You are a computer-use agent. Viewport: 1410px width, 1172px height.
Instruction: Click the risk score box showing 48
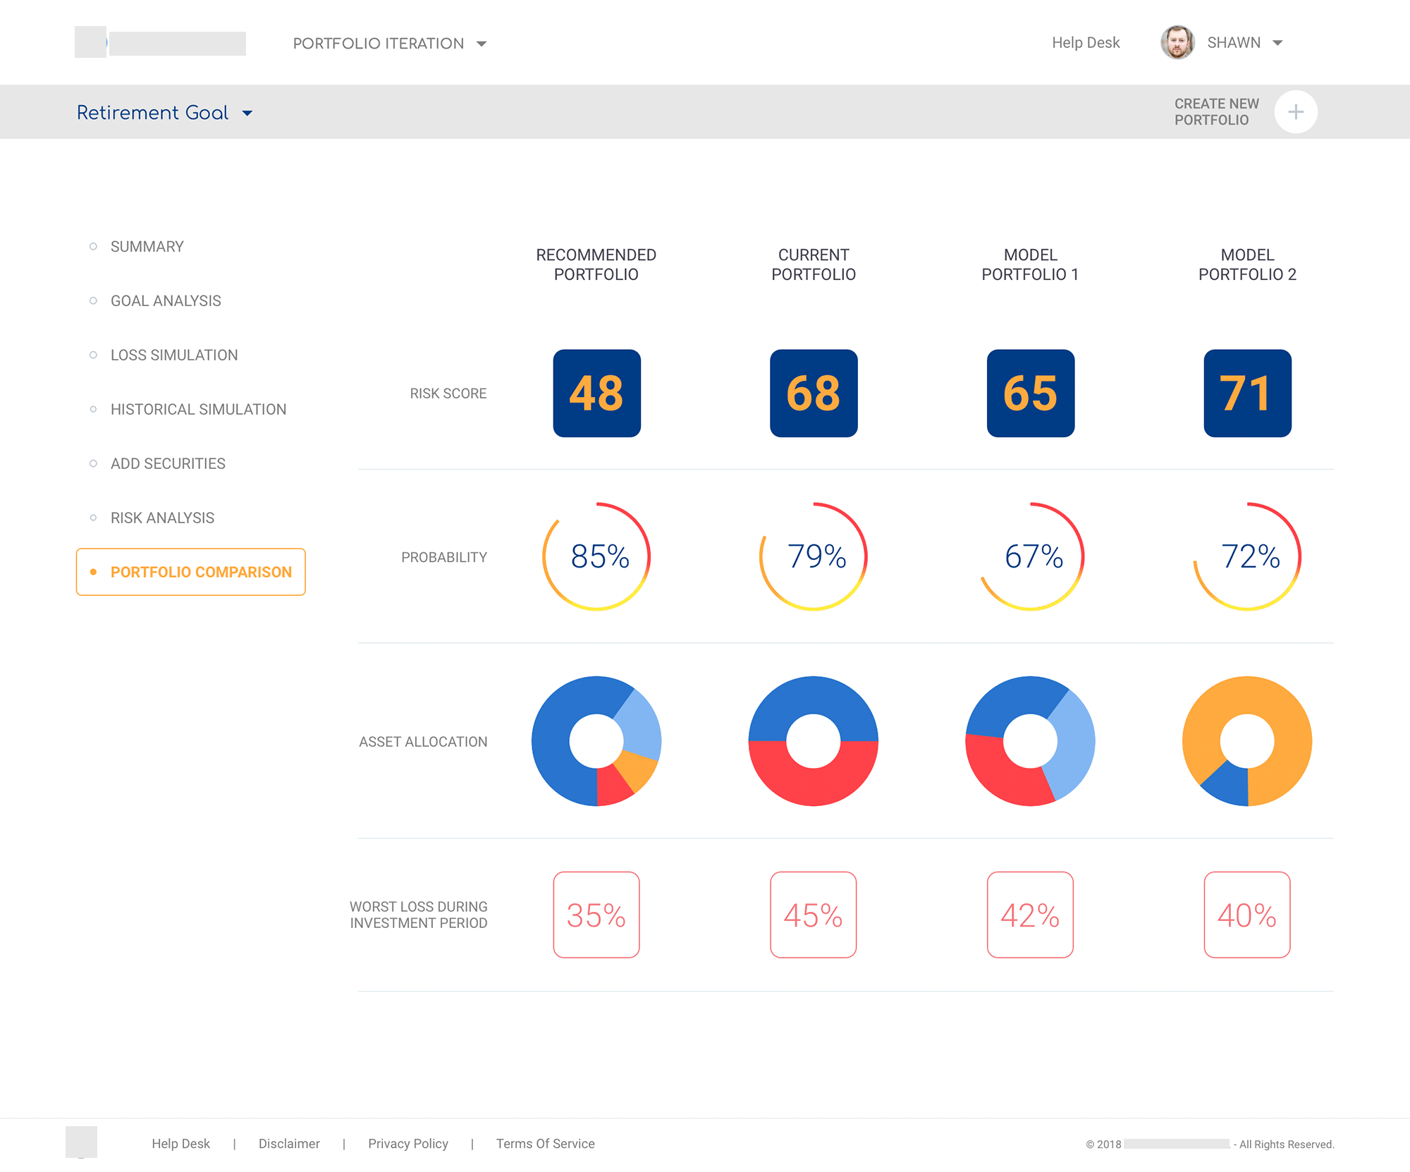[596, 393]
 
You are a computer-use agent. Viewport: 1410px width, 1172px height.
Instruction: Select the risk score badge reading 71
[1247, 393]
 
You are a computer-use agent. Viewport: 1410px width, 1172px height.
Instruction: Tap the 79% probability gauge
[814, 556]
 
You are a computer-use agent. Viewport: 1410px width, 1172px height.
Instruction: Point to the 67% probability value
[1033, 556]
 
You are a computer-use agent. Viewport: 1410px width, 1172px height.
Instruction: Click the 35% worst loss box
[596, 915]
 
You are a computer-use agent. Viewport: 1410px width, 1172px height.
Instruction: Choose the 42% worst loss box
[1030, 915]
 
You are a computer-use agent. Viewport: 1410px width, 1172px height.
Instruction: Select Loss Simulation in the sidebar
[173, 355]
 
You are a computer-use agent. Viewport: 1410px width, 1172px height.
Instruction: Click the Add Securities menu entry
[168, 464]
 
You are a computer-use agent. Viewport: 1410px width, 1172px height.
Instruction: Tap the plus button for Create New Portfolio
[1295, 112]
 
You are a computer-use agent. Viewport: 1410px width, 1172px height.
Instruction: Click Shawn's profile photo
[1177, 42]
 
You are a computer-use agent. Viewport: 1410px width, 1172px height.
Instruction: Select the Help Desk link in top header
[1085, 43]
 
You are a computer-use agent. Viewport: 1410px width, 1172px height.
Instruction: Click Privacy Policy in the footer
[407, 1144]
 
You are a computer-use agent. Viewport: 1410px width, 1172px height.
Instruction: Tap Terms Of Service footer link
[545, 1144]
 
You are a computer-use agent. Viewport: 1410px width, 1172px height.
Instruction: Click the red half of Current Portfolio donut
[814, 783]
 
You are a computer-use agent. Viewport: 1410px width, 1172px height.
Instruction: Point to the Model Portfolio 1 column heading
[1030, 264]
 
